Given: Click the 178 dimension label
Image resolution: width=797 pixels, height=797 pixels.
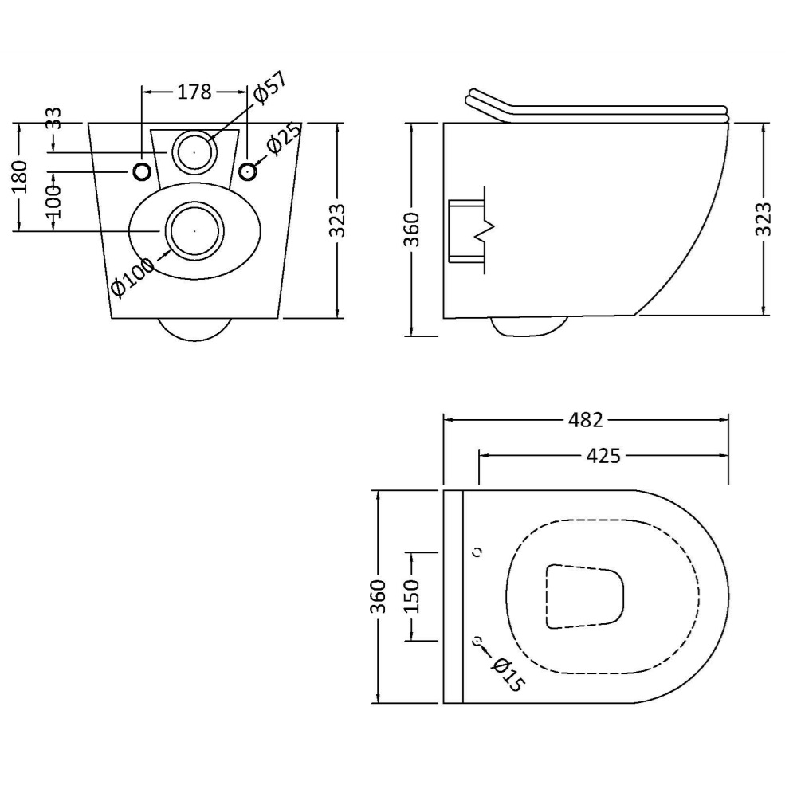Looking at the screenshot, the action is [194, 92].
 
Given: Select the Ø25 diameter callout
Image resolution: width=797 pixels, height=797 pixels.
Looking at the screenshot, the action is [284, 137].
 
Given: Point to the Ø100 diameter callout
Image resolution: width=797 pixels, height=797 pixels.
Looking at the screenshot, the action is [132, 277].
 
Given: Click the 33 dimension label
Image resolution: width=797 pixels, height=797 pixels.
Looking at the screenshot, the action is [54, 118].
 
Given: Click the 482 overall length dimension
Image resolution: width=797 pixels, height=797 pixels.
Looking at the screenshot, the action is [586, 420].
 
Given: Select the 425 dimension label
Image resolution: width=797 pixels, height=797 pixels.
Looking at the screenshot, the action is [603, 456].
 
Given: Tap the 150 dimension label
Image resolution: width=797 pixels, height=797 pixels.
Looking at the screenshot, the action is [412, 595].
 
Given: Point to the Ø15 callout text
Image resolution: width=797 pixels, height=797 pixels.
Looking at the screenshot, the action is [508, 674].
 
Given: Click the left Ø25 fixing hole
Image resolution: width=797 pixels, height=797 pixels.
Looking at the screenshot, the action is [143, 172].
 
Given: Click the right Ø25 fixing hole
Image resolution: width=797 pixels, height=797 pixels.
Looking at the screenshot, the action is [248, 172].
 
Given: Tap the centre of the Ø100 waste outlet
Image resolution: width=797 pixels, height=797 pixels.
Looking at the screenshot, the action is [194, 231].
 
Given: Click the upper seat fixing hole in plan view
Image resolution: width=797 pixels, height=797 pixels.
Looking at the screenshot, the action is [477, 552].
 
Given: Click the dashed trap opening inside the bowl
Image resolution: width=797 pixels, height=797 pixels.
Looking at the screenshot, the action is [584, 596].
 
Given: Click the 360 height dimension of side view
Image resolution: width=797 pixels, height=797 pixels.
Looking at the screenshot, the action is [412, 230].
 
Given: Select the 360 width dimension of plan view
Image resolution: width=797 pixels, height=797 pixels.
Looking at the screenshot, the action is [379, 595].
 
